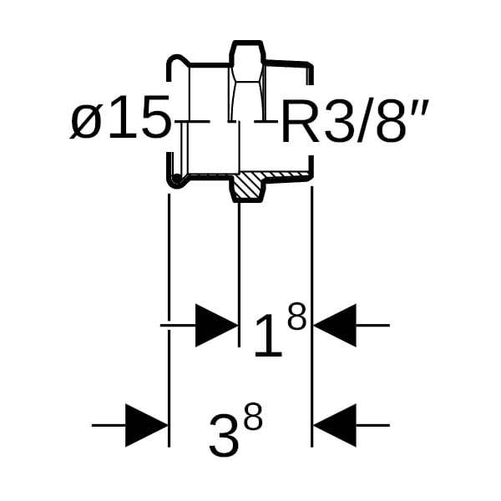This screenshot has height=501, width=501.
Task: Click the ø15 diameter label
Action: coord(121,120)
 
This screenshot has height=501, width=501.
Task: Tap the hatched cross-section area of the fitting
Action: coord(247,186)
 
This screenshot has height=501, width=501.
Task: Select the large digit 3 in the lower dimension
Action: coord(224,437)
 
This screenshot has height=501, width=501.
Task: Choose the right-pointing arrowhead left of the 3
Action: coord(147,425)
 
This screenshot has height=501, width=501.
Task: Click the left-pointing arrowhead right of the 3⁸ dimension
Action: coord(335,425)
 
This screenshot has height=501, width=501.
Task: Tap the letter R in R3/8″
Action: coord(296,122)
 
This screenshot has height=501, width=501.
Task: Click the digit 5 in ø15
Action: coord(151,120)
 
